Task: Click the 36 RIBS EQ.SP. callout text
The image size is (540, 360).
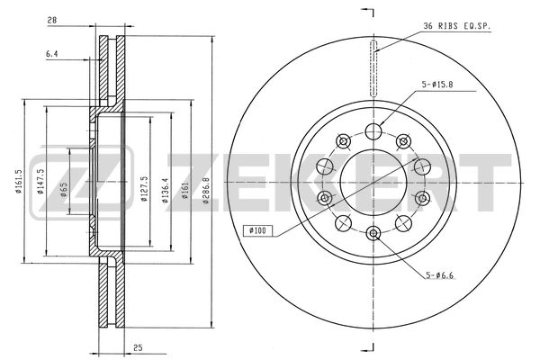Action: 456,26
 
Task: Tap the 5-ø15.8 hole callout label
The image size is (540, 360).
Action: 437,85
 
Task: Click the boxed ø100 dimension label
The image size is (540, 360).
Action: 257,230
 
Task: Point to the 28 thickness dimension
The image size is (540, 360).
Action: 52,21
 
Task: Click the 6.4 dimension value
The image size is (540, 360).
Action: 51,54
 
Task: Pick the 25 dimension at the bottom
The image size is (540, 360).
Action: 138,348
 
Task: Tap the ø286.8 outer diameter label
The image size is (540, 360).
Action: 206,191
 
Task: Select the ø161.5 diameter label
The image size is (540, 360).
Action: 19,182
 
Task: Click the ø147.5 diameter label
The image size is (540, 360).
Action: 40,182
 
